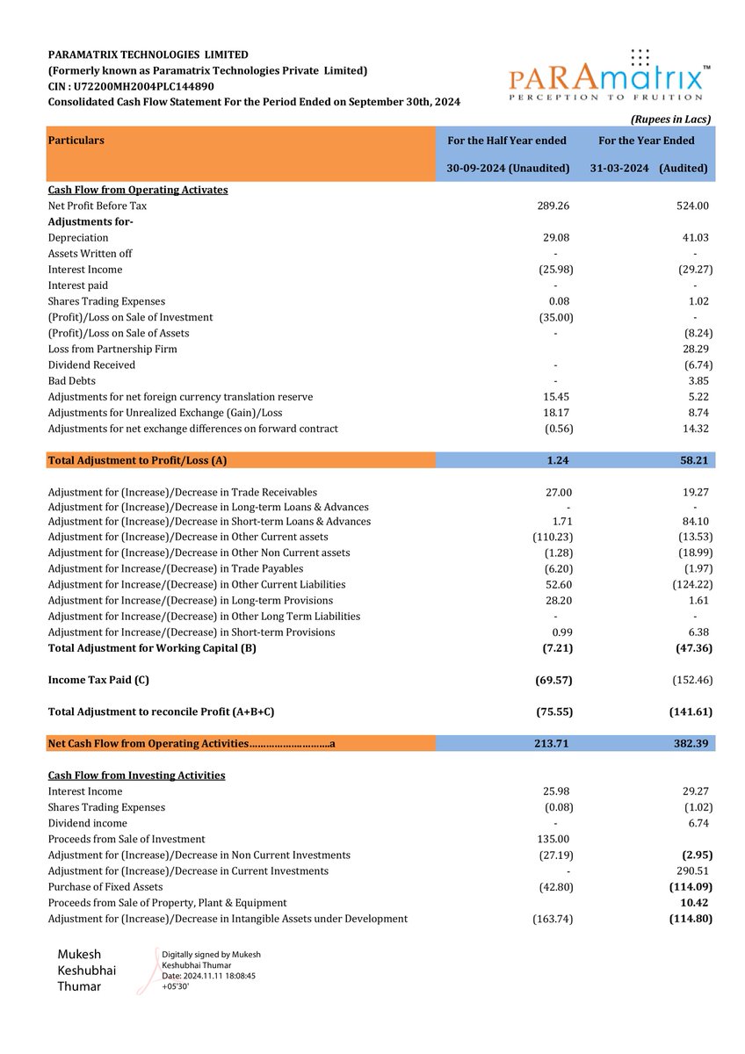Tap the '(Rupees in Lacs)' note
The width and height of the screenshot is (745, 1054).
(670, 119)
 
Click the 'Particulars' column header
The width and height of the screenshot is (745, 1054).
(76, 140)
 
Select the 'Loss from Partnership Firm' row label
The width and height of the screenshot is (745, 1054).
(112, 349)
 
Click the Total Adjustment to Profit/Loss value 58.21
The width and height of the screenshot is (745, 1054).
(691, 459)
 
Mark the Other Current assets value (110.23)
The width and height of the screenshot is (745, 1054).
(553, 538)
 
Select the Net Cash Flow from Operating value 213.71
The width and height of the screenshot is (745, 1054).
(554, 744)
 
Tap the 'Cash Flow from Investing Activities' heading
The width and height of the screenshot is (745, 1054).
(136, 776)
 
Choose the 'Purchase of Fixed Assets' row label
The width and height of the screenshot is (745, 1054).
(105, 887)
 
